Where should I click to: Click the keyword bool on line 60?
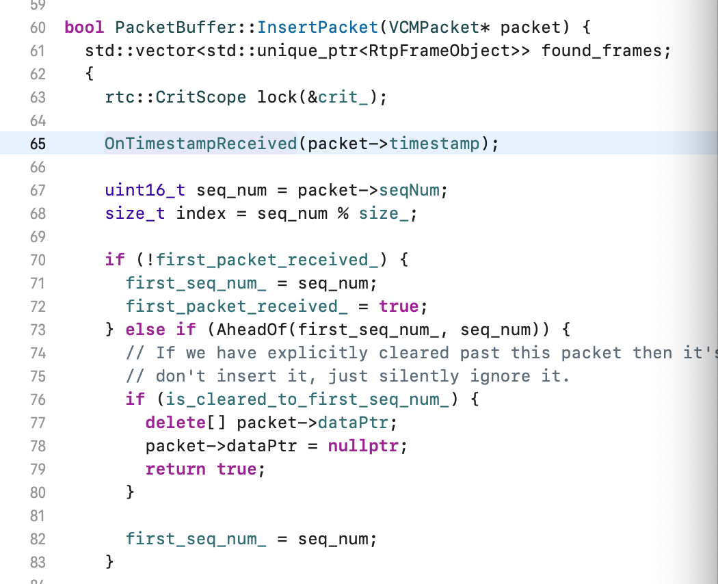[x=84, y=27]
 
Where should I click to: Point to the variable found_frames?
[x=602, y=51]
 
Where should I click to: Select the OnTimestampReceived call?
[x=200, y=144]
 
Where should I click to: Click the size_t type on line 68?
[x=135, y=213]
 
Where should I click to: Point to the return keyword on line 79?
[x=175, y=469]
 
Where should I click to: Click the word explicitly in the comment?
[x=317, y=353]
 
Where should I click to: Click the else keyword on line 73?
[x=145, y=330]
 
